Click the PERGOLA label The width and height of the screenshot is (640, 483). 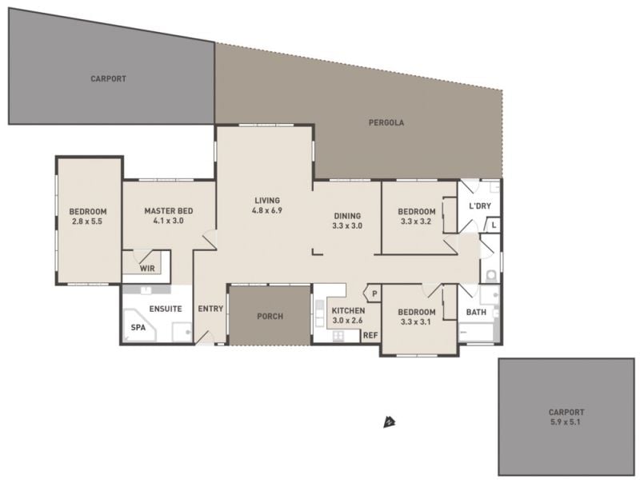(x=386, y=122)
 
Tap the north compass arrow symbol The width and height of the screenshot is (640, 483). (x=390, y=422)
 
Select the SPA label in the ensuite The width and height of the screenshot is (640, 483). (x=138, y=327)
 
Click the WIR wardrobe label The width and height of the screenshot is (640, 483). (x=147, y=269)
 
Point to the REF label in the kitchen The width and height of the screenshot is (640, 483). (x=370, y=335)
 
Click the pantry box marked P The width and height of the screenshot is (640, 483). (x=374, y=293)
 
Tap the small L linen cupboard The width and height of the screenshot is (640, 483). (x=494, y=225)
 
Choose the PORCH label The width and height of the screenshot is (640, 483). (x=270, y=316)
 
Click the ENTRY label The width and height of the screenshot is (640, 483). (x=210, y=309)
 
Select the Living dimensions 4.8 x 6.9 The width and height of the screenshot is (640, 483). (x=267, y=210)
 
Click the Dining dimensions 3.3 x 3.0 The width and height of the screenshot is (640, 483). (x=347, y=226)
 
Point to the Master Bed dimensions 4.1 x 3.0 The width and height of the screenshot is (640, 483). (x=168, y=221)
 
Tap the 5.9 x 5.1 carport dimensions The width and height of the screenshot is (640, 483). (x=566, y=422)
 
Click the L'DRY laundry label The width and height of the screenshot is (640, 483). (x=480, y=206)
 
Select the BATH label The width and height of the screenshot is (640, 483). (x=476, y=312)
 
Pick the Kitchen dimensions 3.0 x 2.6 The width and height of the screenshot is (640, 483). (x=347, y=320)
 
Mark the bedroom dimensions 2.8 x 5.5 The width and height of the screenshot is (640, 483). (x=87, y=222)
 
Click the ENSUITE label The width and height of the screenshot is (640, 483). (x=166, y=309)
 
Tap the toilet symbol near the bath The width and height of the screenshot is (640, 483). (x=491, y=276)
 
